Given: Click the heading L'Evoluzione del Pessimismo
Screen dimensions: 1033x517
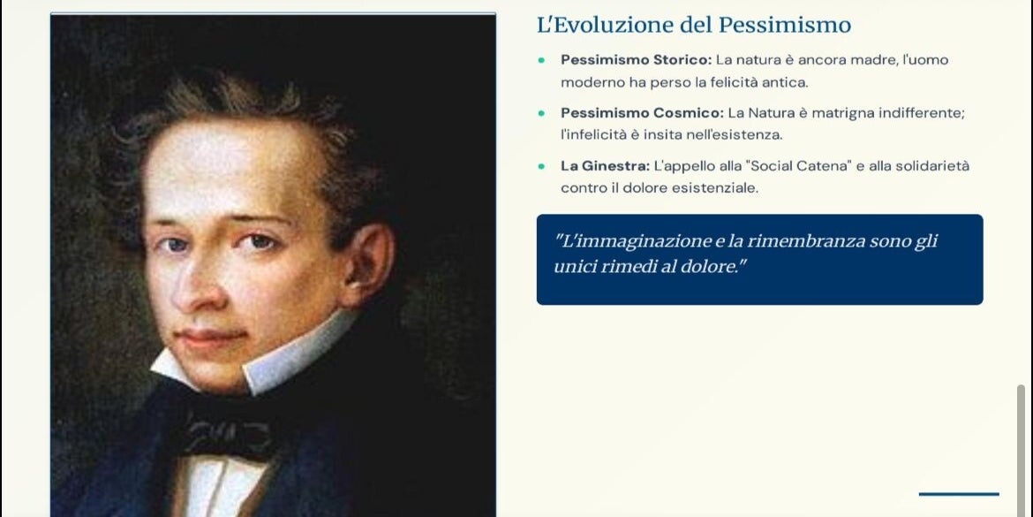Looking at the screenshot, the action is point(694,26).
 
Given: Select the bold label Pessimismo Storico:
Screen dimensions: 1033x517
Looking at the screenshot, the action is point(637,60).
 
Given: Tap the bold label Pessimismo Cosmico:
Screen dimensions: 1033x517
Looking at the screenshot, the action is point(643,113).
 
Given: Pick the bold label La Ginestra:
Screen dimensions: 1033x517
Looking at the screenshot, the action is point(606,165).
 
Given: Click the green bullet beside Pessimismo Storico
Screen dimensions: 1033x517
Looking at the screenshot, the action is point(541,60).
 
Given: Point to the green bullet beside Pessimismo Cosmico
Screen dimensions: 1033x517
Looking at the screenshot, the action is point(541,113).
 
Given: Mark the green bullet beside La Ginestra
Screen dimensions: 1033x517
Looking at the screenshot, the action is point(541,166).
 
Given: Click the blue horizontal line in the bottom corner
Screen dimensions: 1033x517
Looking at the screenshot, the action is point(959,494).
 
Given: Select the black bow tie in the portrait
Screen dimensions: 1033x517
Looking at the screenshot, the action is point(227,435).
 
